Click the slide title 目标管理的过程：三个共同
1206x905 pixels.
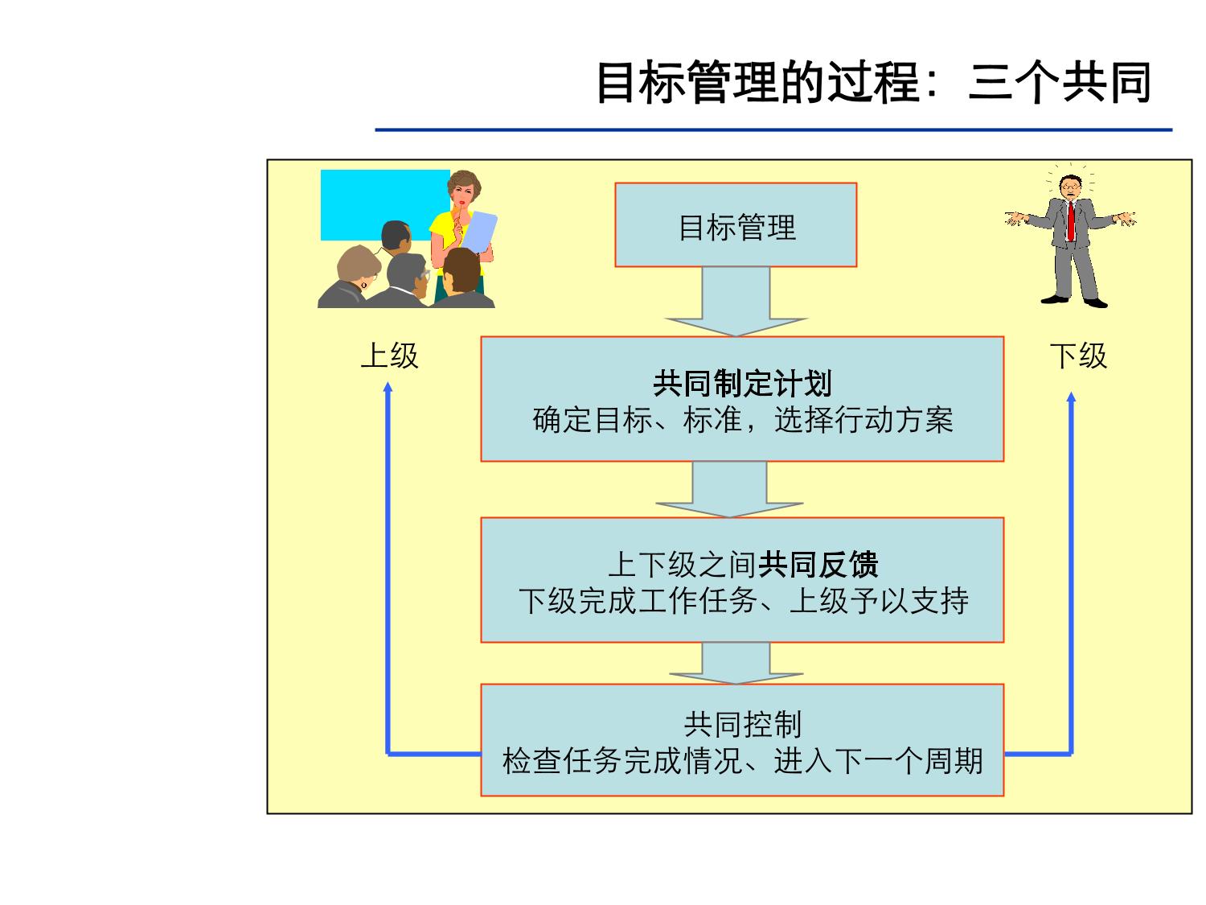tap(874, 82)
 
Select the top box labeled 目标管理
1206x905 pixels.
tap(736, 226)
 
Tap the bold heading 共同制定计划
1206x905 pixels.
tap(741, 384)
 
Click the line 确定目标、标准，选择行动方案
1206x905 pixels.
tap(742, 420)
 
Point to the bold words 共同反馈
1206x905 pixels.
tap(818, 565)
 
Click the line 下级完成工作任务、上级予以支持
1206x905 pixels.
tap(742, 601)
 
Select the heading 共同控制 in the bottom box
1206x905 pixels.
tap(742, 725)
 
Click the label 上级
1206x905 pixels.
tap(389, 356)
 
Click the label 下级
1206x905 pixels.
tap(1078, 356)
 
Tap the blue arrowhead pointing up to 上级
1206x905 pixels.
tap(388, 388)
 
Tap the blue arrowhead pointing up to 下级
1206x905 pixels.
tap(1071, 397)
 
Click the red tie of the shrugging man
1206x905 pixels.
tap(1071, 220)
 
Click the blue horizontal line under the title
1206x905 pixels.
tap(773, 130)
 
